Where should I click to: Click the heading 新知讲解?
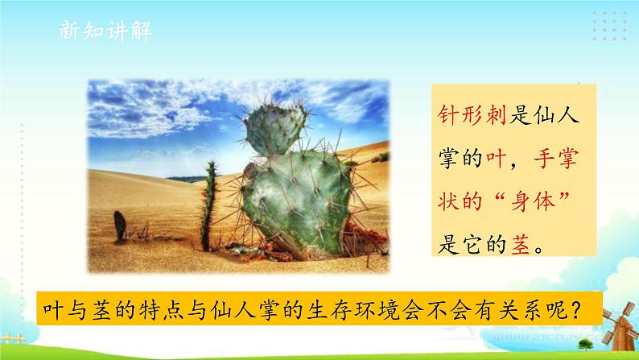click(x=105, y=31)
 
